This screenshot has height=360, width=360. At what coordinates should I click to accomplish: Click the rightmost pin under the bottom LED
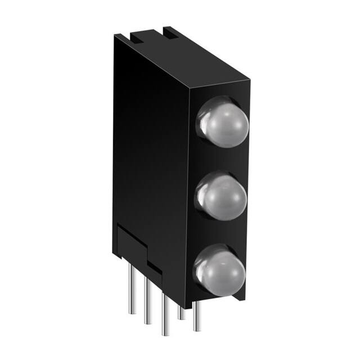point(195,315)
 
